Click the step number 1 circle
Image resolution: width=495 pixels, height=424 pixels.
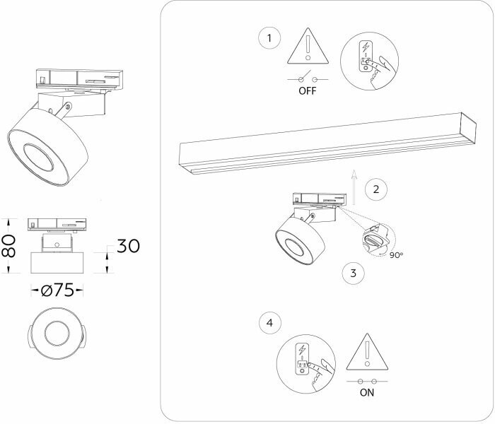pos(269,37)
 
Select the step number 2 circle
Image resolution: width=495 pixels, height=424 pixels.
pos(376,189)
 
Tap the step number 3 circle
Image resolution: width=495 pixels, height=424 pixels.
pos(353,272)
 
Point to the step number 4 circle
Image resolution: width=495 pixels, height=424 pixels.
pos(269,324)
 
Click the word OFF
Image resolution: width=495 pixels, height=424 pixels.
pos(306,91)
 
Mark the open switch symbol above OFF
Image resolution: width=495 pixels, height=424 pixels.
pos(306,78)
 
